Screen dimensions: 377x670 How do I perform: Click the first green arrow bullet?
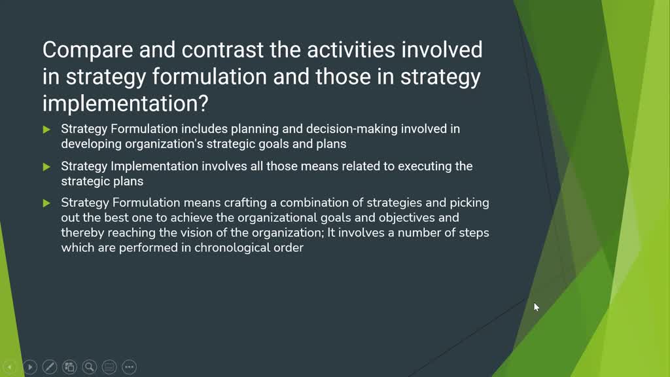click(x=46, y=130)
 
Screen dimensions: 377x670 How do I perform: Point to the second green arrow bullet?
click(x=46, y=167)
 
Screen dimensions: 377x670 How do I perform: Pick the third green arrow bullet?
click(x=46, y=204)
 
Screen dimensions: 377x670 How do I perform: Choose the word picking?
click(x=469, y=203)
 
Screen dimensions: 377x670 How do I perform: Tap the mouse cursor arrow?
click(x=536, y=306)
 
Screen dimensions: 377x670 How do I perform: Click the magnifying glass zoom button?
click(x=90, y=367)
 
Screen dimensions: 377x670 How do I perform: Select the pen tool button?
click(x=50, y=367)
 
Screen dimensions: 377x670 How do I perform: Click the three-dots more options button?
click(x=129, y=367)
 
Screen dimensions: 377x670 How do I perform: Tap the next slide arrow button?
click(x=29, y=367)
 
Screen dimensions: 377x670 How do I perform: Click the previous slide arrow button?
click(x=9, y=367)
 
